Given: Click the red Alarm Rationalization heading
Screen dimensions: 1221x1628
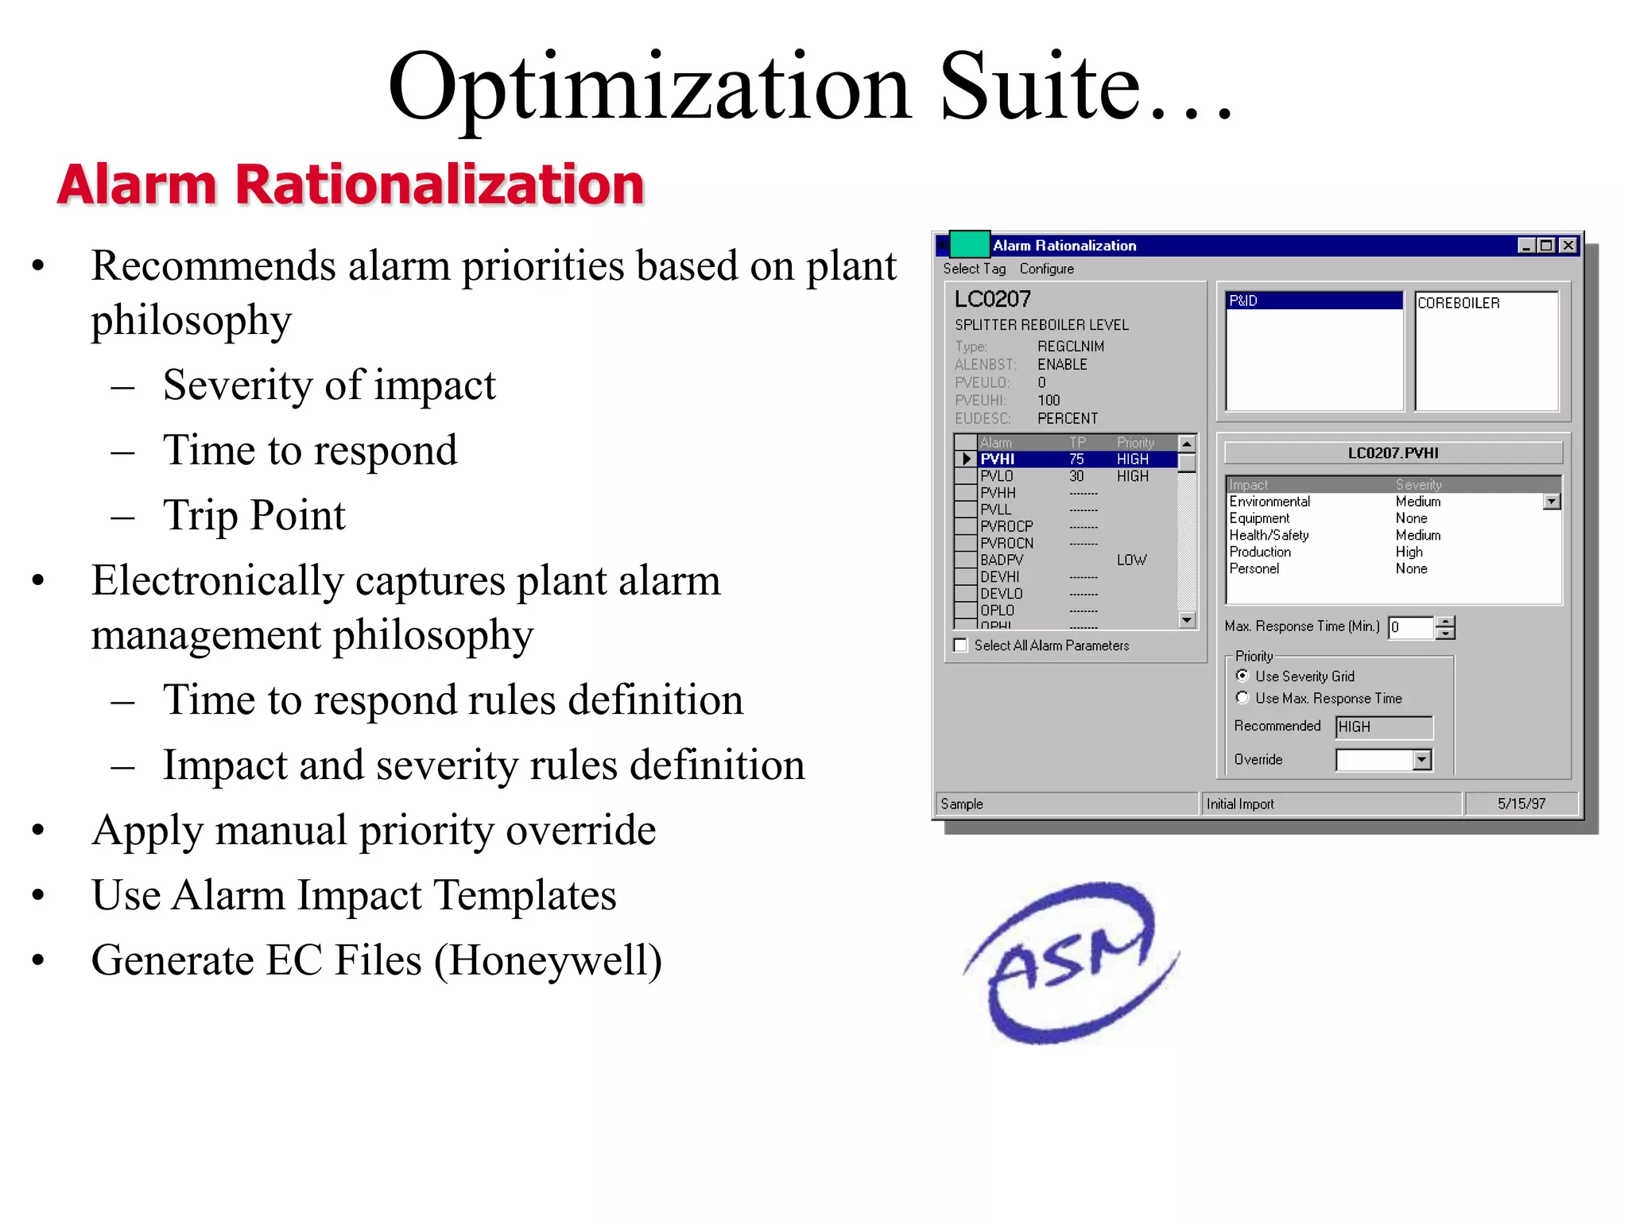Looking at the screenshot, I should (351, 184).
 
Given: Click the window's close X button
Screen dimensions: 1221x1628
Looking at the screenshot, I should (1568, 246).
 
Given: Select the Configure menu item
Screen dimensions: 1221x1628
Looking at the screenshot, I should (1046, 269).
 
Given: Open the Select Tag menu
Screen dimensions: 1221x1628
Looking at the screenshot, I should (974, 269).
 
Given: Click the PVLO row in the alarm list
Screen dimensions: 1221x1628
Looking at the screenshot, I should (997, 476).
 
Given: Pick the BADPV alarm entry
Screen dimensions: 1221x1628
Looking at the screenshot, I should (1002, 560).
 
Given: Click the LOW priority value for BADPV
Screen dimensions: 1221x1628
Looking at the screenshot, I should (1131, 560).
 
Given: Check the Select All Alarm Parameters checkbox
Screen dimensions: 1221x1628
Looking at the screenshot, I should (961, 645).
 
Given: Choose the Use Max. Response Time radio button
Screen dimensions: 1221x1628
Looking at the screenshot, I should (1242, 698).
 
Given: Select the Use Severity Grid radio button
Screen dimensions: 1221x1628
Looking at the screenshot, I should (1242, 676).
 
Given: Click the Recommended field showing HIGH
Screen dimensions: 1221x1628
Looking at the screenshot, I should (1383, 727).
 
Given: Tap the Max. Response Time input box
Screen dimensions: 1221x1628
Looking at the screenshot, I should (1411, 627).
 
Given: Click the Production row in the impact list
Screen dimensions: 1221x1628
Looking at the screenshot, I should (1260, 552).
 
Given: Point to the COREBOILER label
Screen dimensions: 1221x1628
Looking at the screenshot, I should (1459, 303).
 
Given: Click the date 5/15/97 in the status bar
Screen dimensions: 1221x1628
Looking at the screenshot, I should (1521, 804).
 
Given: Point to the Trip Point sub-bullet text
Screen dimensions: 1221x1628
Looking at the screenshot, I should (254, 515).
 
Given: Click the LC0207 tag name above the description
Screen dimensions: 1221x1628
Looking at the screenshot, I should (993, 299).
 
